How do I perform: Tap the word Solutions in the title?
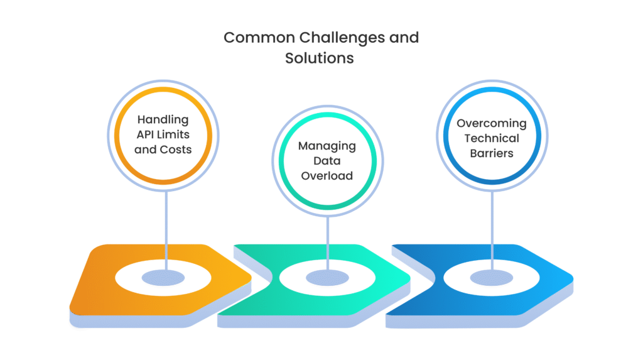coord(320,58)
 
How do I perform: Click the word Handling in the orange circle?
coord(163,119)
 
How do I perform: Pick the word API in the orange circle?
coord(148,134)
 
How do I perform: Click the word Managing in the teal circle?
coord(327,146)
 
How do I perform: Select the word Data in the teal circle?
coord(327,161)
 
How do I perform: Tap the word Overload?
coord(327,176)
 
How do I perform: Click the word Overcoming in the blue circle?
coord(491,123)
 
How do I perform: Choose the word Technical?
coord(491,138)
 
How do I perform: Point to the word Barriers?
coord(491,153)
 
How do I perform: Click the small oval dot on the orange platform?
coord(163,277)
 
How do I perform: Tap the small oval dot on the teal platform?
coord(327,277)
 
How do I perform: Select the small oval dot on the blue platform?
coord(491,277)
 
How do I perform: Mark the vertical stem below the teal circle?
coord(327,242)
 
